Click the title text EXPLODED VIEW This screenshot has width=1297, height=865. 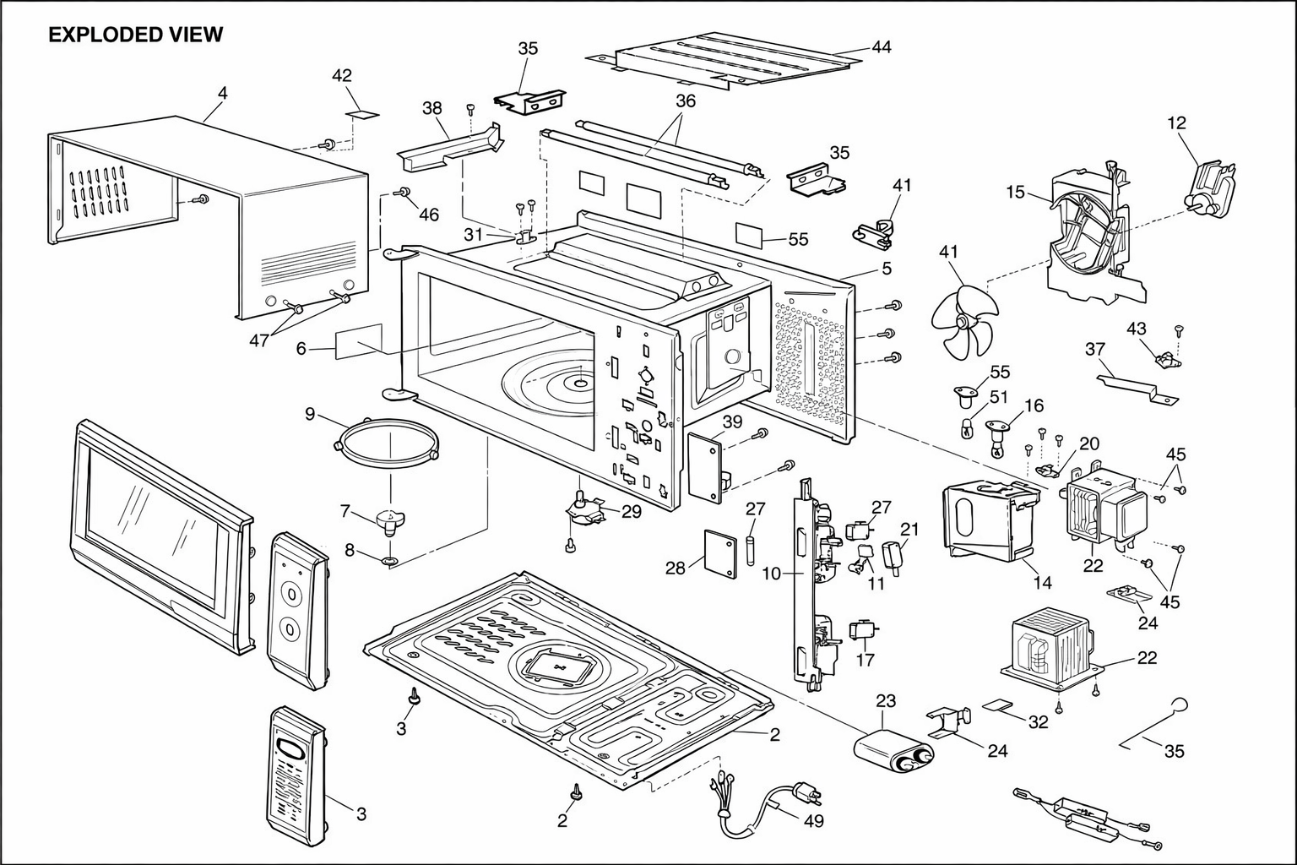(x=135, y=35)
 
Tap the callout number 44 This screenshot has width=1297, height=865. (x=882, y=46)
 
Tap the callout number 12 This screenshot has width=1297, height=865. (x=1176, y=122)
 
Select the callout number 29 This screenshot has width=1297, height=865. (x=632, y=512)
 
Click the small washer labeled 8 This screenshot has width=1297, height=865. (x=389, y=561)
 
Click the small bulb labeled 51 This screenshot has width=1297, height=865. (x=966, y=429)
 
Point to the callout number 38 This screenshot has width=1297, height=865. (x=432, y=108)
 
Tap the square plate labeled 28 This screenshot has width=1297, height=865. (x=720, y=553)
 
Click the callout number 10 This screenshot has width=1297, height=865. (x=772, y=574)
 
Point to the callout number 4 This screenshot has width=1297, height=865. (x=223, y=93)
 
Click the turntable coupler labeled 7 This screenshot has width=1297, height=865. (x=390, y=520)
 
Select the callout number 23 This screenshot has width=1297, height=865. (x=886, y=701)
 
